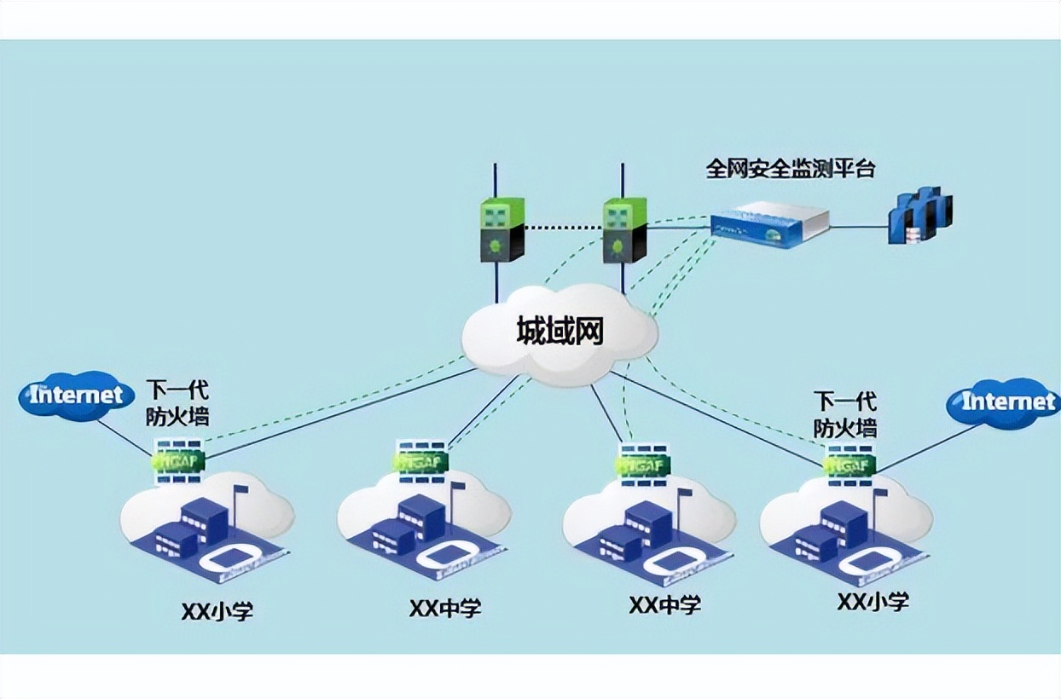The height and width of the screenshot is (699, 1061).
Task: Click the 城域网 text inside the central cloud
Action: tap(559, 332)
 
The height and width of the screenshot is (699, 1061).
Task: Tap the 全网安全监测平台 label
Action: tap(790, 168)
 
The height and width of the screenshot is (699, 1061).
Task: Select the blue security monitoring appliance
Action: tap(769, 224)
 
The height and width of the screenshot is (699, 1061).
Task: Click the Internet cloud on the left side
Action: tap(78, 396)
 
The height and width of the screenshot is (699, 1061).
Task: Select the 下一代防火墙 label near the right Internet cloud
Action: tap(844, 413)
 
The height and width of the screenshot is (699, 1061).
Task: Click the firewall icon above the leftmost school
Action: tap(178, 460)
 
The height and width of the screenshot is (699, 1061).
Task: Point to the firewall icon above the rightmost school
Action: tap(850, 464)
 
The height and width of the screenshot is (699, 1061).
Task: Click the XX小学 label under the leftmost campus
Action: tap(217, 611)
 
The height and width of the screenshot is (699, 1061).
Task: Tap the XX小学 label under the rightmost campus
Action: tap(873, 602)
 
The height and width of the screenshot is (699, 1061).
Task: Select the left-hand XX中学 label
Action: tap(445, 609)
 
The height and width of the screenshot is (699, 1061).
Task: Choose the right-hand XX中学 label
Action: tap(665, 605)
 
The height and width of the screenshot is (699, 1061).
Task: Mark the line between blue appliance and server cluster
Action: tap(857, 227)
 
